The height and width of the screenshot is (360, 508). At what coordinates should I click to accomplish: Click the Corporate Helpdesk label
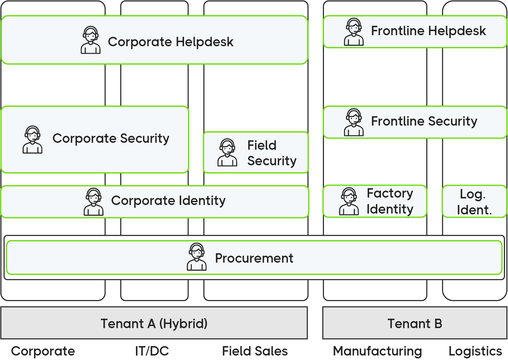pyautogui.click(x=171, y=42)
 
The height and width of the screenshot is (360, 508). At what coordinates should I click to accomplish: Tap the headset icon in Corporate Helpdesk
pyautogui.click(x=90, y=40)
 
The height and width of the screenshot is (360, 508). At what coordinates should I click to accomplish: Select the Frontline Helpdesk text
pyautogui.click(x=428, y=31)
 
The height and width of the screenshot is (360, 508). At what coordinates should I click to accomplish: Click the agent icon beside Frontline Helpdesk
pyautogui.click(x=354, y=32)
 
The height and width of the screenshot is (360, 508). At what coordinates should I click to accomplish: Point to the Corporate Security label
pyautogui.click(x=111, y=138)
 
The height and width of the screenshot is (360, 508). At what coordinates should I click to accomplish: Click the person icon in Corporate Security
pyautogui.click(x=32, y=139)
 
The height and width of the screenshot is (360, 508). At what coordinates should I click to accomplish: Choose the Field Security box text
pyautogui.click(x=272, y=153)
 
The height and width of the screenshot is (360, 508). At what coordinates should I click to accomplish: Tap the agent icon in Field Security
pyautogui.click(x=227, y=153)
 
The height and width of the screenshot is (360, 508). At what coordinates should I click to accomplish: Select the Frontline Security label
pyautogui.click(x=424, y=121)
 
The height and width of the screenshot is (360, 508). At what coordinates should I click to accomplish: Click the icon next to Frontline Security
pyautogui.click(x=354, y=122)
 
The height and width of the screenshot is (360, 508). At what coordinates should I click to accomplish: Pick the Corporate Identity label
pyautogui.click(x=168, y=200)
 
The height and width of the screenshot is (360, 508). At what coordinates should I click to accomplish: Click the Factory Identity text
pyautogui.click(x=389, y=201)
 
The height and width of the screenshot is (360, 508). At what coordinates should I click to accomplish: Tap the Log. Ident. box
pyautogui.click(x=474, y=202)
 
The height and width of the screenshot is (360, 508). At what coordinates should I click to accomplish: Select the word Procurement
pyautogui.click(x=254, y=258)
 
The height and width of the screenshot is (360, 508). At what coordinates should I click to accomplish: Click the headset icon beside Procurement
pyautogui.click(x=197, y=257)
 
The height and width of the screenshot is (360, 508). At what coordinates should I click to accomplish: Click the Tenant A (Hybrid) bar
pyautogui.click(x=154, y=323)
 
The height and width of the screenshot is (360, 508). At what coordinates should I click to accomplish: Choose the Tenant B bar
pyautogui.click(x=415, y=323)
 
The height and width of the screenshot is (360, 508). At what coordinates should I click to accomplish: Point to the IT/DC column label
pyautogui.click(x=152, y=351)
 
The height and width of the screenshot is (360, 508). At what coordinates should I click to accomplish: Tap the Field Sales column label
pyautogui.click(x=255, y=351)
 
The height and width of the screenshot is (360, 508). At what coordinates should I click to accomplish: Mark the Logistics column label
pyautogui.click(x=475, y=351)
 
